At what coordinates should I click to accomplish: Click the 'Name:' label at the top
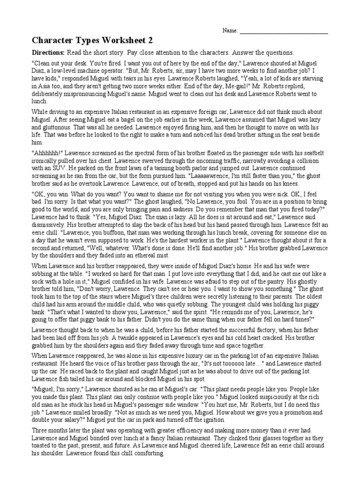pos(230,31)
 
